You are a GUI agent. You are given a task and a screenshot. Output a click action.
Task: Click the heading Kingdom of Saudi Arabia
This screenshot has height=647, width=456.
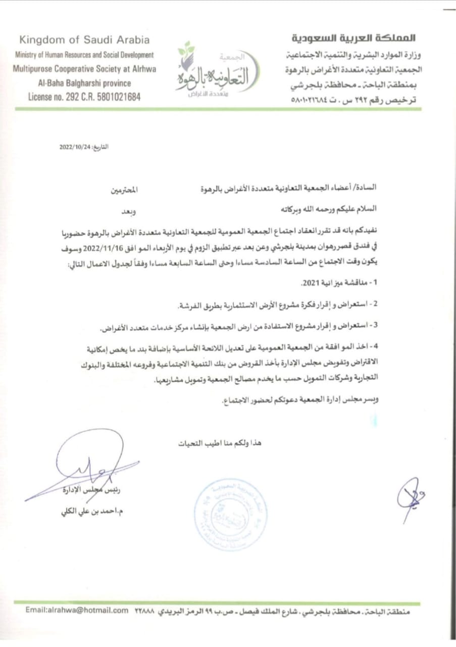pos(84,40)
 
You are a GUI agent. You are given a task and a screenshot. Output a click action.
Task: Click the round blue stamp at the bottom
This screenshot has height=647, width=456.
pos(231,514)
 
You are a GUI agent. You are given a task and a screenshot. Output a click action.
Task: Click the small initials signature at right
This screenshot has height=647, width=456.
pos(410,497)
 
